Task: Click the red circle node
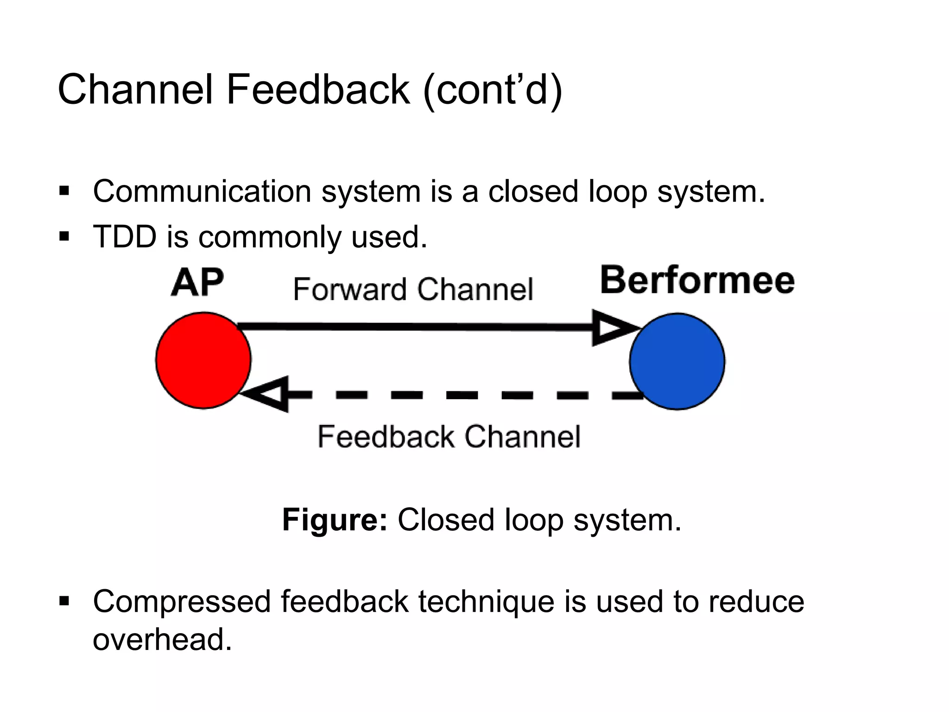[203, 360]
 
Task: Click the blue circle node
[677, 361]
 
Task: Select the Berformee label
[697, 280]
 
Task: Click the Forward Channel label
[413, 290]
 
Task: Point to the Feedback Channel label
[449, 437]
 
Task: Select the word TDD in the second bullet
[125, 237]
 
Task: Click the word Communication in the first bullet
[202, 191]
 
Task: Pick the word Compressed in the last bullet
[182, 602]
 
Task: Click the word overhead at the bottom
[162, 639]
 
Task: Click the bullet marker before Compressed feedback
[64, 602]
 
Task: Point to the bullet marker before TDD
[64, 237]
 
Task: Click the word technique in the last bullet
[486, 602]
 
